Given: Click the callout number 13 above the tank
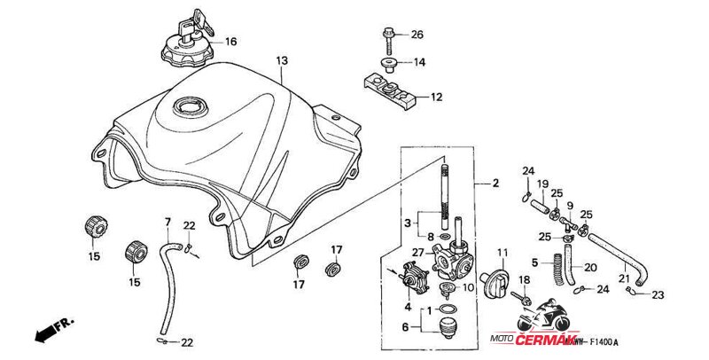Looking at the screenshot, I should (x=282, y=61).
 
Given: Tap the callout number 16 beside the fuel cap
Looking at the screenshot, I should (x=230, y=42).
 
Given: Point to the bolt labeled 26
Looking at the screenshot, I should (x=389, y=35).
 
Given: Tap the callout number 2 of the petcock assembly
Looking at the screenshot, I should (x=495, y=184).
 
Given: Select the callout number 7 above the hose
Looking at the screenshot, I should (x=167, y=221).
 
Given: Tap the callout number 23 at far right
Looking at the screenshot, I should (x=658, y=295).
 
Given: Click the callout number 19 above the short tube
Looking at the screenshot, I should (x=543, y=184).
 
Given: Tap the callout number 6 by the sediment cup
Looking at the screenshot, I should (x=407, y=326).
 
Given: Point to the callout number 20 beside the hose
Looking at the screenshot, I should (x=590, y=266).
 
